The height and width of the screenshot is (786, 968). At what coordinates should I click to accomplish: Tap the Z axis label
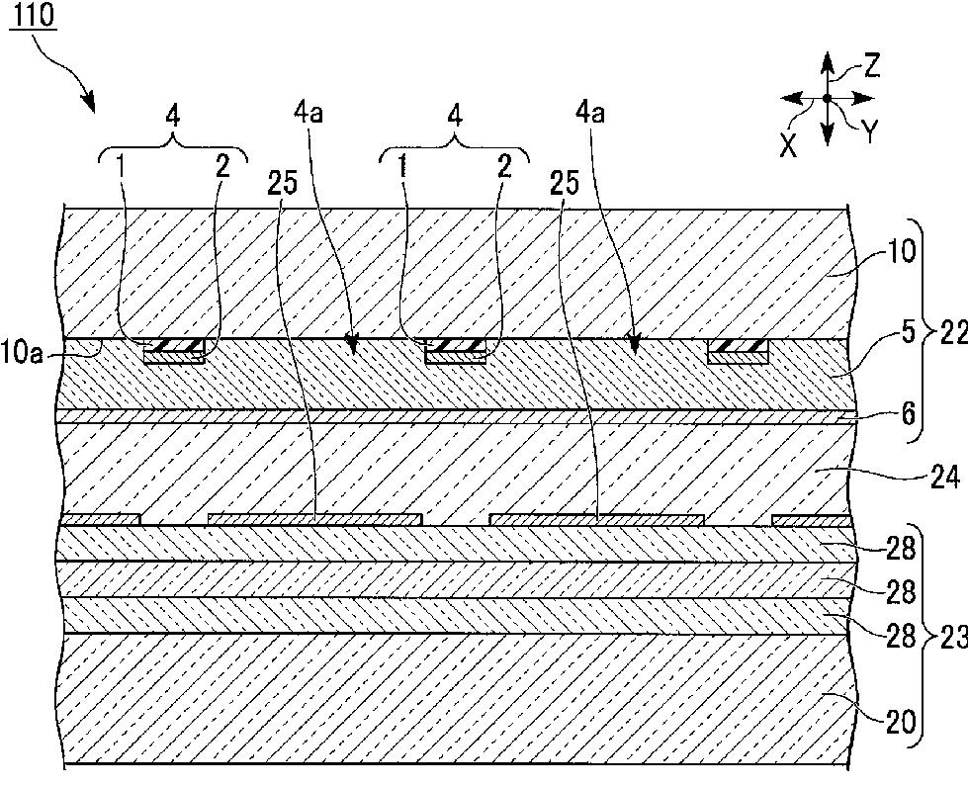pyautogui.click(x=871, y=66)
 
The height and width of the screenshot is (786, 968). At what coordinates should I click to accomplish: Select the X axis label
pyautogui.click(x=788, y=146)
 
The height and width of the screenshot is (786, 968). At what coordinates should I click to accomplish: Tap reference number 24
pyautogui.click(x=944, y=477)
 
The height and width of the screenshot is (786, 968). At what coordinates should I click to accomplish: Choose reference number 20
pyautogui.click(x=901, y=722)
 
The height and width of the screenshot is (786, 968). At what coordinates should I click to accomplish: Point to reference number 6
pyautogui.click(x=908, y=413)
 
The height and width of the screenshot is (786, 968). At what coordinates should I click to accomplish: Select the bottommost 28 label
pyautogui.click(x=901, y=636)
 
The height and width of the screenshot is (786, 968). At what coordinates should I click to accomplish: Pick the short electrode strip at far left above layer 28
pyautogui.click(x=102, y=520)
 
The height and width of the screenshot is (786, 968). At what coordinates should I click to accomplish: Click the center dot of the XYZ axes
pyautogui.click(x=828, y=98)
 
